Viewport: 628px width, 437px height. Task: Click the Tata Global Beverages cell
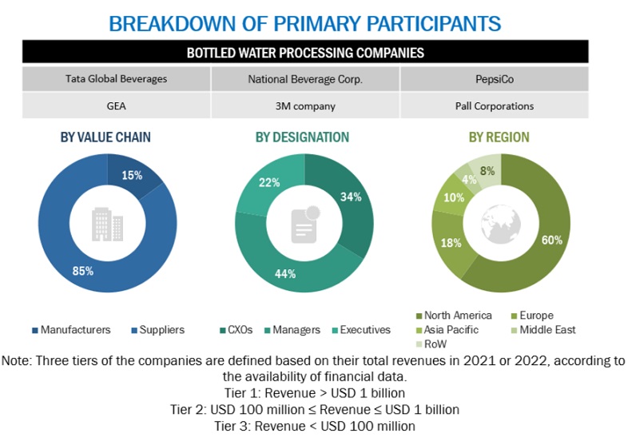click(116, 79)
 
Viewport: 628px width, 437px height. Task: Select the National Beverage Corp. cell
click(305, 79)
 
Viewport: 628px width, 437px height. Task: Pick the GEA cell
click(116, 105)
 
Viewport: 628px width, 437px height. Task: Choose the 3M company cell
click(305, 105)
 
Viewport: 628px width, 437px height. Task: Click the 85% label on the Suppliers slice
click(83, 271)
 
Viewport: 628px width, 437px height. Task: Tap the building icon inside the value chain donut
click(107, 224)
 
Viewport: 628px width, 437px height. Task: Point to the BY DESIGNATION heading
click(302, 137)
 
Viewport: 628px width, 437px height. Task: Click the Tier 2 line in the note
click(315, 410)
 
